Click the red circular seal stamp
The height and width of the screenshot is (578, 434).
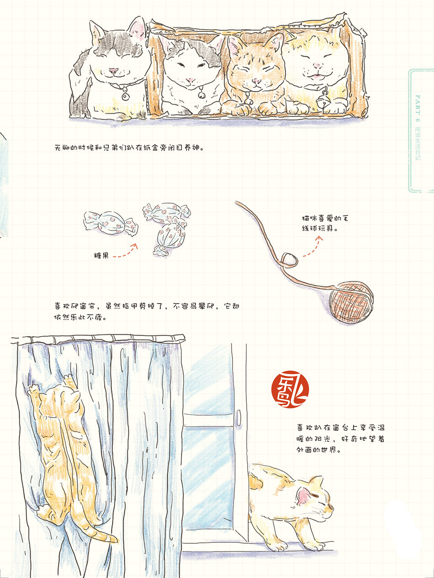pos(290,389)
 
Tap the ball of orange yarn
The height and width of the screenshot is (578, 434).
pos(351,301)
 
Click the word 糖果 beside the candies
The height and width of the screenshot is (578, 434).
pos(101,256)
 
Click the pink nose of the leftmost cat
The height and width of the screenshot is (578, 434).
pos(114,70)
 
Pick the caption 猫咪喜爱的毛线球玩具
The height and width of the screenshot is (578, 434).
pos(325,224)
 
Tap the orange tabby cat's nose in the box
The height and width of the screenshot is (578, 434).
pos(255,80)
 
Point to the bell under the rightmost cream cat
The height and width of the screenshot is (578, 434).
pos(322,102)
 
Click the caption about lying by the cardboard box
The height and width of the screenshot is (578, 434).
pos(130,147)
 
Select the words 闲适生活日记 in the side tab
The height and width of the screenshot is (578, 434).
pos(418,144)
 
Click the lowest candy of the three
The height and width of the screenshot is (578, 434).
pos(169,240)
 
